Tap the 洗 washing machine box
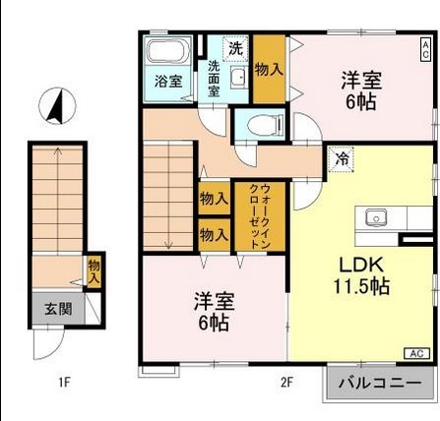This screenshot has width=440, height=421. pos(236,47)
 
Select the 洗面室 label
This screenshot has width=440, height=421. pos(214,79)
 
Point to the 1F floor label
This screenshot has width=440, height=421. pos(64,382)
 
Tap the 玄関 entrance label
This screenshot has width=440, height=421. pos(57,308)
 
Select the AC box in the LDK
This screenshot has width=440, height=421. pos(414,353)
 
